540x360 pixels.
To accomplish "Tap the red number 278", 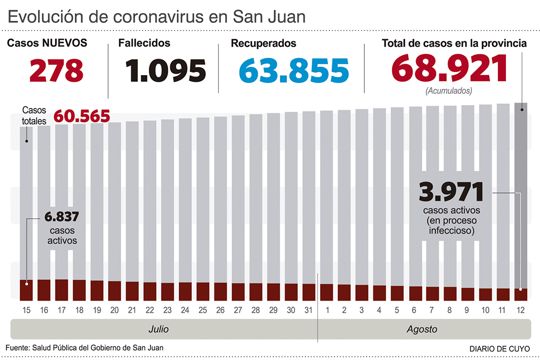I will click(x=56, y=71).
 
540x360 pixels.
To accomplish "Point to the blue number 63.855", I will click(x=294, y=71).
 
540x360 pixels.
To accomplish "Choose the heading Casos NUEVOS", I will click(x=47, y=44).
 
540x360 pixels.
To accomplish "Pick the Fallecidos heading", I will click(x=144, y=44).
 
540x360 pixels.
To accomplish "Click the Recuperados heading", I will click(x=263, y=44).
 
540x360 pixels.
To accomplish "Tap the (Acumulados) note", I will click(x=449, y=91).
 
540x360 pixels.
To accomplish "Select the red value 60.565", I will click(x=82, y=116).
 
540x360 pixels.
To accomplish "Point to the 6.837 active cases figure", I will click(x=61, y=217).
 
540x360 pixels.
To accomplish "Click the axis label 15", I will click(x=26, y=310).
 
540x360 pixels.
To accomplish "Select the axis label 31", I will click(x=309, y=310).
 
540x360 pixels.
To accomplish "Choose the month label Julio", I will click(x=158, y=329).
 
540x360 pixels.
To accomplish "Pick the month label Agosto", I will click(x=422, y=329).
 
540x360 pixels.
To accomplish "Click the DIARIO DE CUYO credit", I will click(x=498, y=349).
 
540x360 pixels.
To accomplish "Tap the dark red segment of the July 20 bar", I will click(x=115, y=290).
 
